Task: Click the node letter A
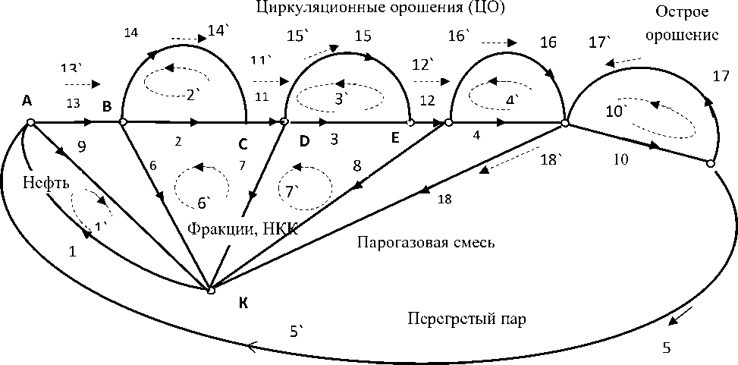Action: [x=27, y=100]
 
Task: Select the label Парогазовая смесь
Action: [x=425, y=242]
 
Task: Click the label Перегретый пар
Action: [x=466, y=319]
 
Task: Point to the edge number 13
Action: [x=73, y=104]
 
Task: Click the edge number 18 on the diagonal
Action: [x=445, y=200]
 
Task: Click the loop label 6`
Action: [x=204, y=203]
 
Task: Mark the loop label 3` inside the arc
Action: [x=341, y=99]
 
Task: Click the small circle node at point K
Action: [x=212, y=290]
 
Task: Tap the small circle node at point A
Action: [x=30, y=121]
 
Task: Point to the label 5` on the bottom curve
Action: [x=297, y=331]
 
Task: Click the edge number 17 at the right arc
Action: [x=721, y=76]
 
